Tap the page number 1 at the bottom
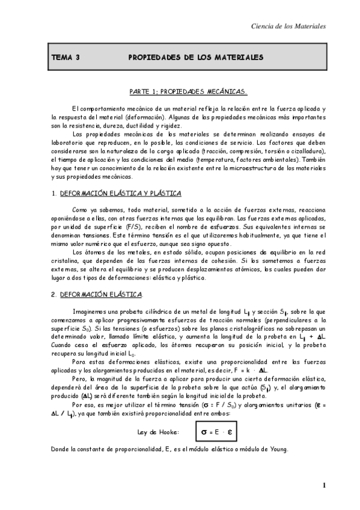pyautogui.click(x=323, y=485)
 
